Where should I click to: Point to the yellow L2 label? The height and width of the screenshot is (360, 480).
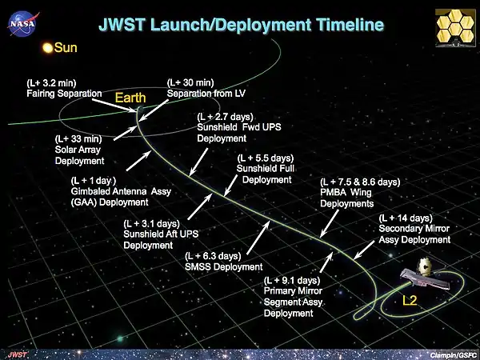(x=410, y=302)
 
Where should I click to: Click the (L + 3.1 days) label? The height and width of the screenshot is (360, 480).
(x=156, y=223)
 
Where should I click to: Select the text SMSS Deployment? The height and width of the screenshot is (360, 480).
(x=223, y=266)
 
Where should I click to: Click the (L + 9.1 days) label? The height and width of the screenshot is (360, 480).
(x=293, y=281)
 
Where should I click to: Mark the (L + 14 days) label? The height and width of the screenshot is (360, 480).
(x=406, y=218)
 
